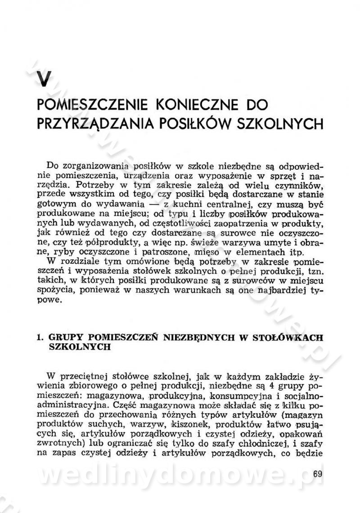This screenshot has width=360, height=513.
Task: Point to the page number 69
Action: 318,473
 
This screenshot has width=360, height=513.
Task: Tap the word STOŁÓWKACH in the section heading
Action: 295,337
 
